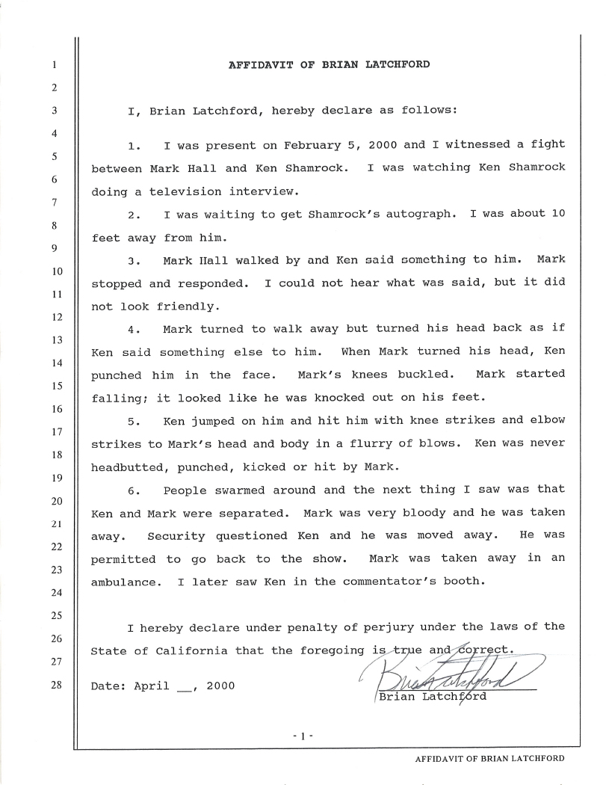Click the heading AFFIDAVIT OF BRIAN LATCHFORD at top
(x=329, y=64)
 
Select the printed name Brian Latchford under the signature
(x=433, y=697)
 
